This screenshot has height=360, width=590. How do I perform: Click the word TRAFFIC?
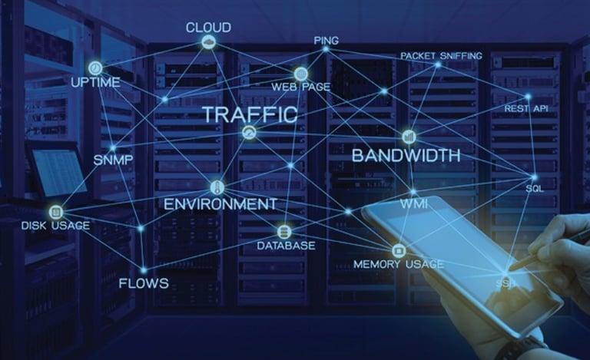pyautogui.click(x=249, y=115)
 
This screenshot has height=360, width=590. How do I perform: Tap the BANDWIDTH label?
pyautogui.click(x=406, y=156)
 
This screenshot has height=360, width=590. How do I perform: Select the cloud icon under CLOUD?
pyautogui.click(x=208, y=43)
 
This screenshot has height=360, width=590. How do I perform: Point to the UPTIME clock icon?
pyautogui.click(x=95, y=68)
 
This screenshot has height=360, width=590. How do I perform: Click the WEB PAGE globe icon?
pyautogui.click(x=300, y=74)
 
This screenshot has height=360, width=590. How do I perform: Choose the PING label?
pyautogui.click(x=326, y=40)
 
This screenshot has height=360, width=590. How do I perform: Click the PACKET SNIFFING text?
pyautogui.click(x=441, y=56)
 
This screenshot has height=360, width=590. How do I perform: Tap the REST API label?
pyautogui.click(x=525, y=109)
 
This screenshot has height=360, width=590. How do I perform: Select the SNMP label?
pyautogui.click(x=113, y=160)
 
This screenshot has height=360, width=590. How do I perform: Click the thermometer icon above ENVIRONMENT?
pyautogui.click(x=217, y=187)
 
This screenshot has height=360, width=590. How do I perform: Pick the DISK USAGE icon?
pyautogui.click(x=55, y=212)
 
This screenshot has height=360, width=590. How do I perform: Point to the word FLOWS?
pyautogui.click(x=143, y=283)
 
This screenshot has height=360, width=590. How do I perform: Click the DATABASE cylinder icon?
pyautogui.click(x=284, y=232)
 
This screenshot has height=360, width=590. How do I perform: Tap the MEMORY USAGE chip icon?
pyautogui.click(x=398, y=250)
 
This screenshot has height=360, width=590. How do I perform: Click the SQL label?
pyautogui.click(x=535, y=187)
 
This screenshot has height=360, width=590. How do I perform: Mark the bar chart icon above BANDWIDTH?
pyautogui.click(x=409, y=137)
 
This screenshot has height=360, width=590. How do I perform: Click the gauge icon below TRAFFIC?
pyautogui.click(x=249, y=133)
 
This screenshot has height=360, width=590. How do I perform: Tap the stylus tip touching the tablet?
pyautogui.click(x=511, y=268)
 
